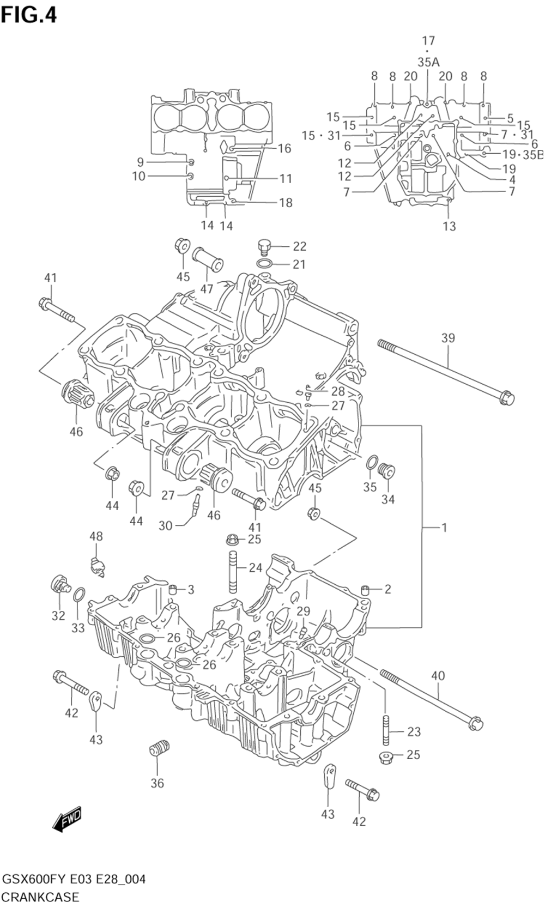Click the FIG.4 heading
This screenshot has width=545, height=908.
[29, 15]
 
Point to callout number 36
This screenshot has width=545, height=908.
[157, 783]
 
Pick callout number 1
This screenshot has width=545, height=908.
[444, 528]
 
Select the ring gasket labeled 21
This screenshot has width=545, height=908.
[264, 264]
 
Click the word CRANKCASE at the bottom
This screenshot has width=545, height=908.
[40, 897]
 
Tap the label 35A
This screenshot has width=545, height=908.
[428, 62]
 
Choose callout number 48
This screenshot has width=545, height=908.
[96, 536]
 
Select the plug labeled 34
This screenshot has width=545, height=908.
[386, 472]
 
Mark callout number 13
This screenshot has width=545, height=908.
[449, 226]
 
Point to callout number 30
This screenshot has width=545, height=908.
[165, 526]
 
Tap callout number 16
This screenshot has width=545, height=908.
[284, 149]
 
